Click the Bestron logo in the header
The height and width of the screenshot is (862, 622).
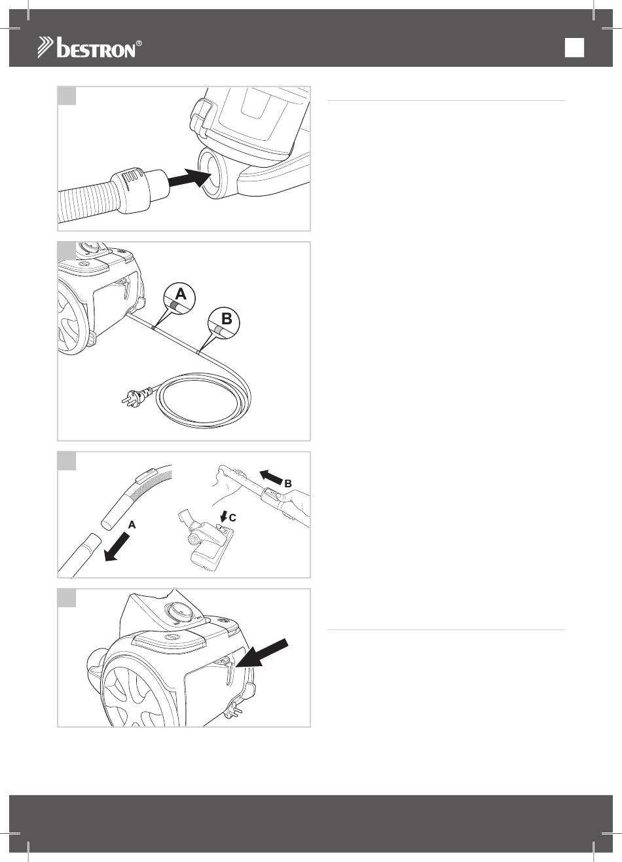pyautogui.click(x=90, y=47)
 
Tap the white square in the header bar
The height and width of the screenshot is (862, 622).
pyautogui.click(x=574, y=47)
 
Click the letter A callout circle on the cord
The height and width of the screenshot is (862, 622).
pyautogui.click(x=179, y=299)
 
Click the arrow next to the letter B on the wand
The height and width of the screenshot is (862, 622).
pyautogui.click(x=271, y=477)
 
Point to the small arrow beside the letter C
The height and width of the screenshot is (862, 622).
pyautogui.click(x=223, y=515)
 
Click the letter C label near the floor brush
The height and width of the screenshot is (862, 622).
pyautogui.click(x=232, y=518)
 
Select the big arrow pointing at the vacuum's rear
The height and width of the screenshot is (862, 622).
pyautogui.click(x=263, y=652)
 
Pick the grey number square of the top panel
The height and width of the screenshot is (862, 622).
pyautogui.click(x=67, y=96)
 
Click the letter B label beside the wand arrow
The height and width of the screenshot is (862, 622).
pyautogui.click(x=287, y=483)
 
